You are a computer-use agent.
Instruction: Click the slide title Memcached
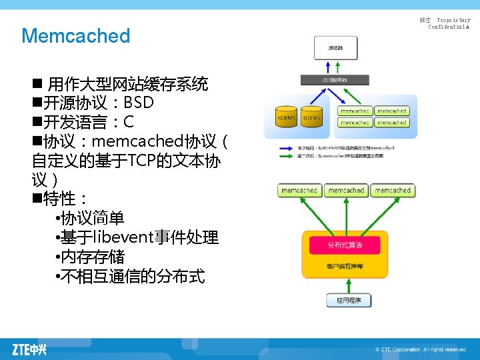pyautogui.click(x=75, y=35)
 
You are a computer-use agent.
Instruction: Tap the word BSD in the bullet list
pyautogui.click(x=139, y=103)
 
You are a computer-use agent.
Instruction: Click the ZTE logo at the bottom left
pyautogui.click(x=29, y=348)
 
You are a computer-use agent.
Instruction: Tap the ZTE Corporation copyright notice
pyautogui.click(x=420, y=349)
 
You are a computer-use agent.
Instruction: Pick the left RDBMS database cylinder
pyautogui.click(x=287, y=117)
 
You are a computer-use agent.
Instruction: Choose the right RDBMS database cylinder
pyautogui.click(x=311, y=117)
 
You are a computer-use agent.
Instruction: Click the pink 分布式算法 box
pyautogui.click(x=344, y=245)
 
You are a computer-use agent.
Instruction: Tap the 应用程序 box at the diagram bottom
pyautogui.click(x=349, y=301)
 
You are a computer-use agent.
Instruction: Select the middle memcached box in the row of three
pyautogui.click(x=346, y=191)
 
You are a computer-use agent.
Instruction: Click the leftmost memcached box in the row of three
pyautogui.click(x=299, y=191)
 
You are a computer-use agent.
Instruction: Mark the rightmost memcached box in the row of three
pyautogui.click(x=392, y=191)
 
